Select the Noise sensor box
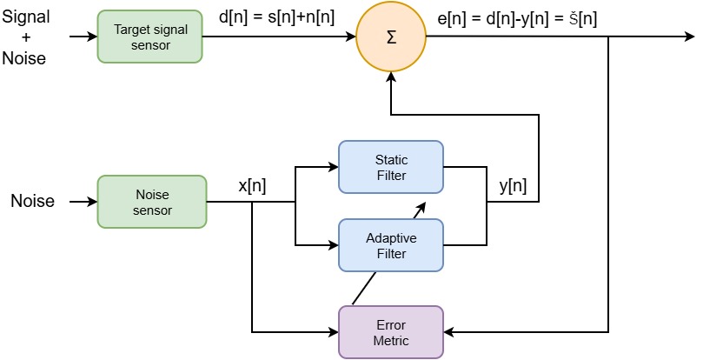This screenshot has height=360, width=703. click(151, 202)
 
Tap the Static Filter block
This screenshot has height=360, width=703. click(390, 168)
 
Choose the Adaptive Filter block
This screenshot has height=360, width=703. click(390, 244)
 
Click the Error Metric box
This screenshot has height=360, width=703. click(390, 331)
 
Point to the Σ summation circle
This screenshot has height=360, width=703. click(391, 37)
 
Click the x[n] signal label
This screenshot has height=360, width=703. click(252, 185)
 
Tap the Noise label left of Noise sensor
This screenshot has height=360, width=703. click(32, 202)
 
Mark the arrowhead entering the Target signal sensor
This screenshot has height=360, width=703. click(91, 37)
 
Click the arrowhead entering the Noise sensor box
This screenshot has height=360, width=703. click(91, 202)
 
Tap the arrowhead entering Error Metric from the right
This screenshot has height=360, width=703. click(449, 332)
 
